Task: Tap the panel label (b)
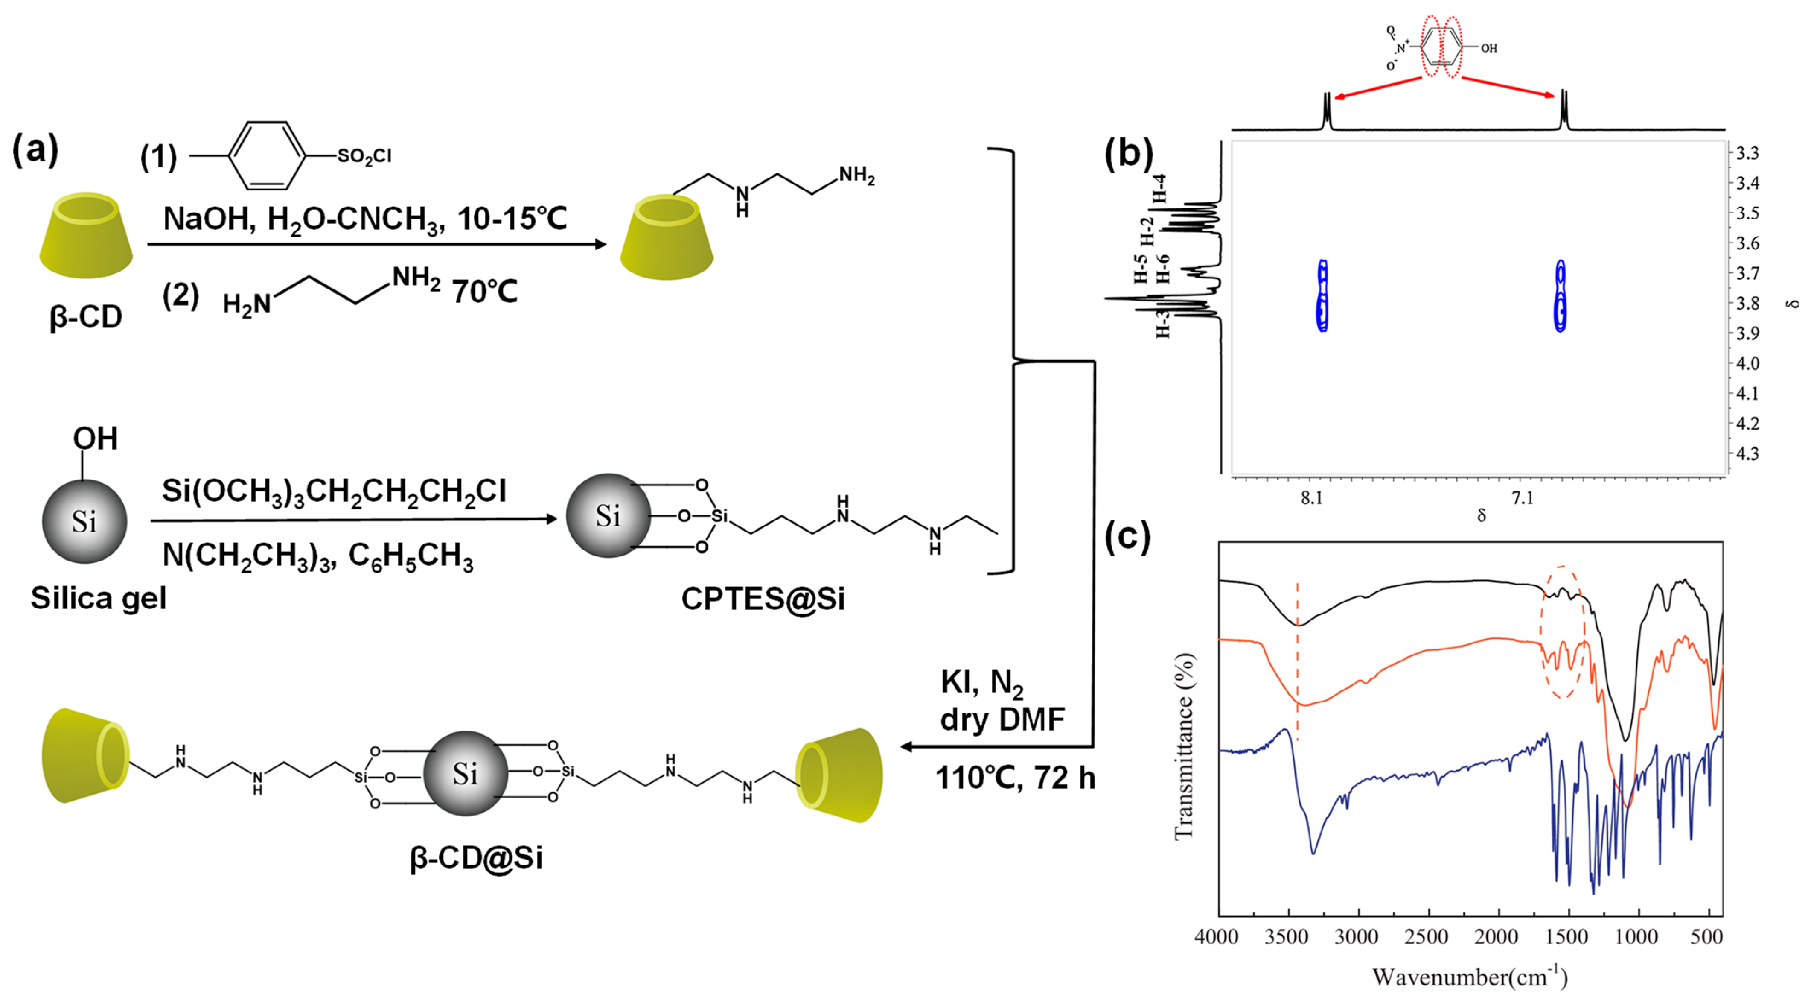pyautogui.click(x=1128, y=152)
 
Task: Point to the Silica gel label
pyautogui.click(x=99, y=599)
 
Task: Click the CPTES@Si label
pyautogui.click(x=763, y=599)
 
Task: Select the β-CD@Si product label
pyautogui.click(x=476, y=858)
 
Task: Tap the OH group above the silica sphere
pyautogui.click(x=95, y=439)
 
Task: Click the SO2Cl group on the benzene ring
pyautogui.click(x=364, y=156)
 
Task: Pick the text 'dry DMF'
pyautogui.click(x=1002, y=719)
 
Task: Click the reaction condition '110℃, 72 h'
pyautogui.click(x=1014, y=777)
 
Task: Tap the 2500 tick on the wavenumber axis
pyautogui.click(x=1427, y=937)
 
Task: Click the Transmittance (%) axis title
pyautogui.click(x=1185, y=746)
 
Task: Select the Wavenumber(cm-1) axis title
pyautogui.click(x=1469, y=976)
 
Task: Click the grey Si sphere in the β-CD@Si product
pyautogui.click(x=466, y=774)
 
